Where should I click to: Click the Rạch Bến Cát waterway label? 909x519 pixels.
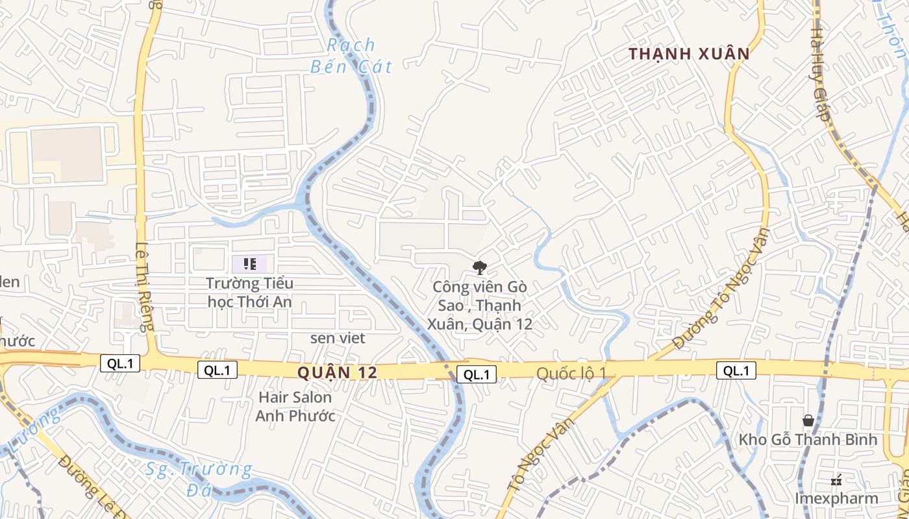tap(351, 55)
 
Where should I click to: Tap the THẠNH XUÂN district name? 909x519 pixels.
tap(689, 54)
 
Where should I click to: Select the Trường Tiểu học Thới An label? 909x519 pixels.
tap(249, 293)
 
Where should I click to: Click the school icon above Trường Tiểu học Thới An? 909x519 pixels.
tap(249, 264)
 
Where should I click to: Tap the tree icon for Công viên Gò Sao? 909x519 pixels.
tap(480, 267)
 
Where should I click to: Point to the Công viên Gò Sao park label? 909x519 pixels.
tap(480, 305)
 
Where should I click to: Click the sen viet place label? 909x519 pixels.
tap(338, 338)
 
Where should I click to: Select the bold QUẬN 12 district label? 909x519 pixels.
tap(337, 372)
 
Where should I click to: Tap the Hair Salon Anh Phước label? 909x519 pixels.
tap(295, 406)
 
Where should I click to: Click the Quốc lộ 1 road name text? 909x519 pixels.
tap(571, 373)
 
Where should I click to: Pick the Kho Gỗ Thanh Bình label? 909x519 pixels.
tap(808, 440)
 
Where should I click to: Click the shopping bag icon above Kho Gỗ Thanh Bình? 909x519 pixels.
tap(808, 420)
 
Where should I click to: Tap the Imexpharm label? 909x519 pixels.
tap(836, 498)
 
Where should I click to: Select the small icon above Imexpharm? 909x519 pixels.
tap(836, 481)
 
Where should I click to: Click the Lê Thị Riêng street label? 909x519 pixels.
tap(143, 286)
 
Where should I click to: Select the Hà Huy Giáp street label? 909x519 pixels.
tap(819, 75)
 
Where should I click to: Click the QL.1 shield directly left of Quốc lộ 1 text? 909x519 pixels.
tap(477, 374)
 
